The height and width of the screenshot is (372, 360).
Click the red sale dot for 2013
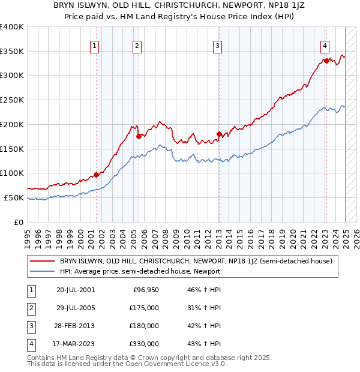(x=219, y=134)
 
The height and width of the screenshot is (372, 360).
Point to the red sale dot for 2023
(x=326, y=60)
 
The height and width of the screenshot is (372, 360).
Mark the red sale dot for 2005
(x=139, y=136)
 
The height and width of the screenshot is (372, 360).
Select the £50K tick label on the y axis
(x=14, y=197)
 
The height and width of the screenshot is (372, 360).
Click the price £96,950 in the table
(x=145, y=290)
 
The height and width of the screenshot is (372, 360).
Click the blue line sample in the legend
(x=43, y=271)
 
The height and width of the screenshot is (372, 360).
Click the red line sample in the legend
(x=43, y=261)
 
